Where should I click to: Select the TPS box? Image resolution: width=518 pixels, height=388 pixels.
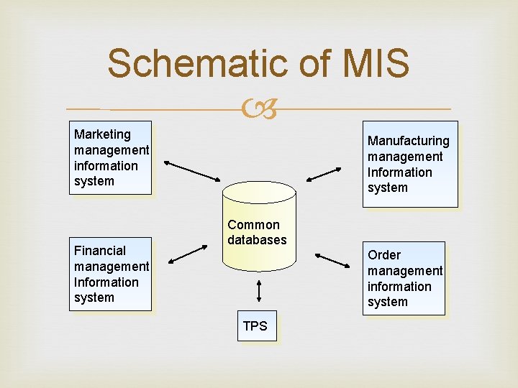point(255,326)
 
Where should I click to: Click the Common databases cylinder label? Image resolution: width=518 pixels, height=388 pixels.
point(257,232)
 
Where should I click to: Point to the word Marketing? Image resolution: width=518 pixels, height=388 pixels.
point(102,134)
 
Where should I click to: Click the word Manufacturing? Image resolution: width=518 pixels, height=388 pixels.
point(408,141)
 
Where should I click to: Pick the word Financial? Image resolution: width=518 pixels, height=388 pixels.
point(99,251)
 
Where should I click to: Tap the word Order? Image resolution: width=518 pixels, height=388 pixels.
point(384,255)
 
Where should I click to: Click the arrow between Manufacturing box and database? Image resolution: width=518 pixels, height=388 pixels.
point(324,173)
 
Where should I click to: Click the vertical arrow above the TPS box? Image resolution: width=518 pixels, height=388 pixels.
point(258,290)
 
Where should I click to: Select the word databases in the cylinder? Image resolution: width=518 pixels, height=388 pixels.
point(257,240)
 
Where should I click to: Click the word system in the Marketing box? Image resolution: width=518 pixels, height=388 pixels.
point(94,181)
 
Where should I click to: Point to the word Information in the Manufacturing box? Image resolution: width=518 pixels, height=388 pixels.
point(399,172)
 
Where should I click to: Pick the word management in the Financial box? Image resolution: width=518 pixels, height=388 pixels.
point(112,267)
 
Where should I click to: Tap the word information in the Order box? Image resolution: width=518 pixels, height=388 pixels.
point(399,287)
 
